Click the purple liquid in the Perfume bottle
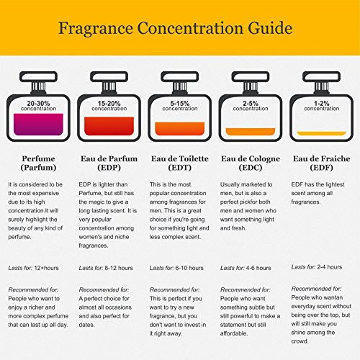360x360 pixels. click(x=38, y=125)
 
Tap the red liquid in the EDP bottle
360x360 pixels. click(x=108, y=126)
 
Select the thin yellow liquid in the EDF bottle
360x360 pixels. click(x=321, y=134)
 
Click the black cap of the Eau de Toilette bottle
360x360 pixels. click(x=179, y=79)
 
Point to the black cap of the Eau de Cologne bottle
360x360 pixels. click(x=250, y=79)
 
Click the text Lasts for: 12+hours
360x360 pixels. click(x=33, y=268)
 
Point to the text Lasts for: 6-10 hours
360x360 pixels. click(x=177, y=268)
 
